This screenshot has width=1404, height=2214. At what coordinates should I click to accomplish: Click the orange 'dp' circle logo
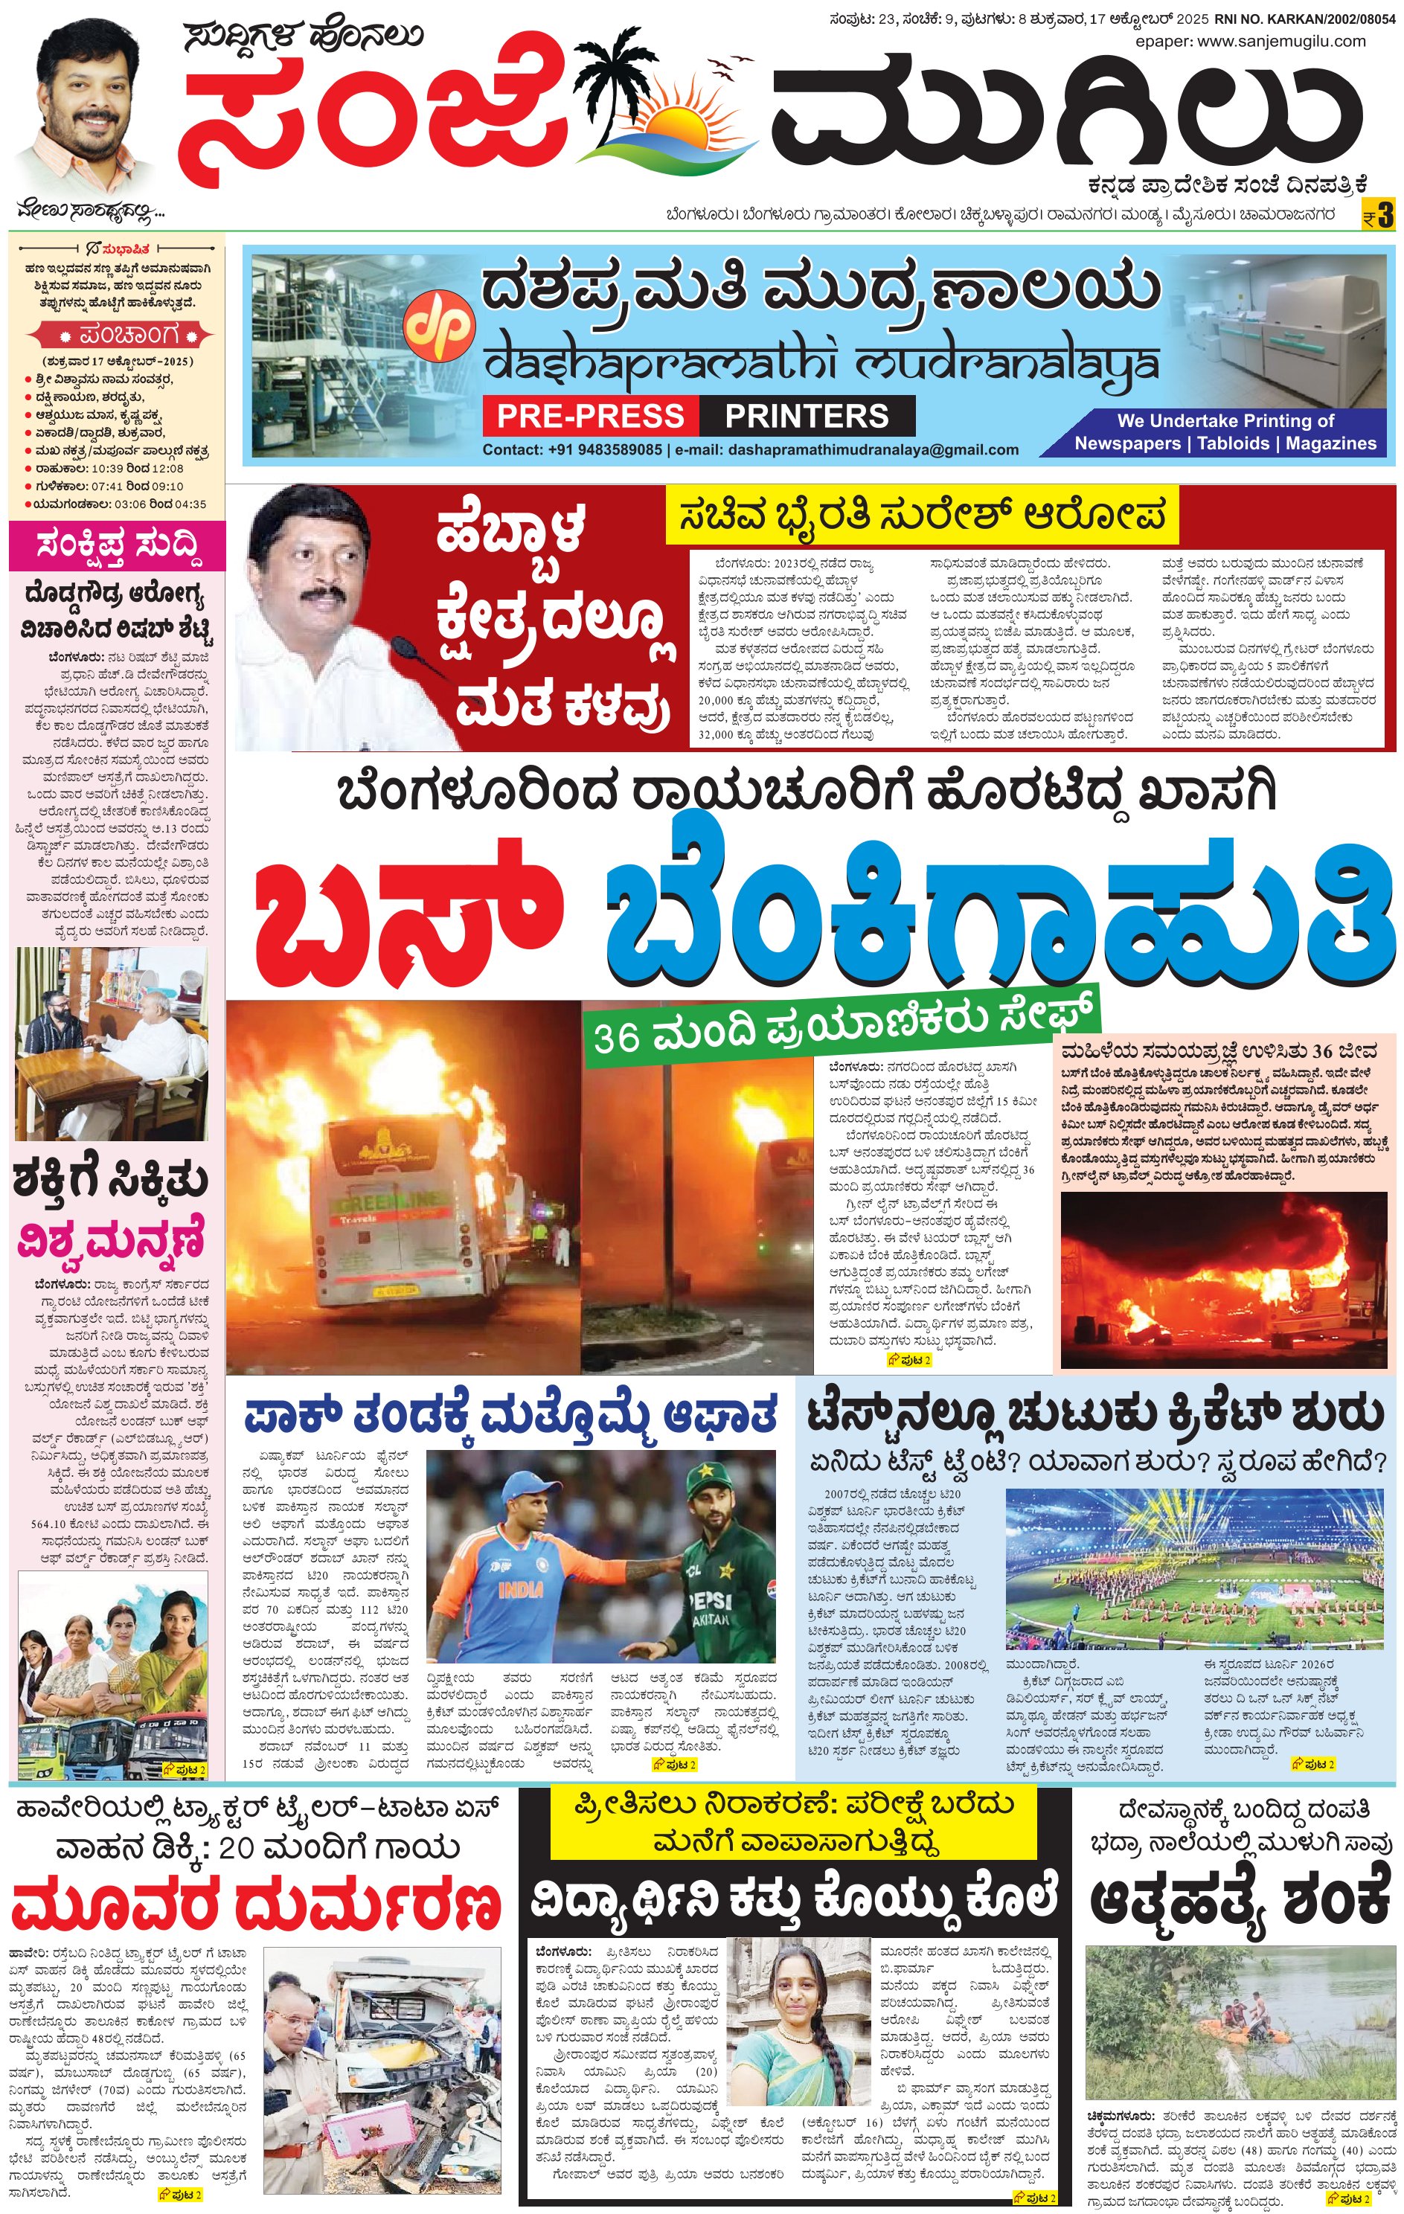[440, 324]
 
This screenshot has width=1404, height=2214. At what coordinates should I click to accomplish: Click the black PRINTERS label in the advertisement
[807, 416]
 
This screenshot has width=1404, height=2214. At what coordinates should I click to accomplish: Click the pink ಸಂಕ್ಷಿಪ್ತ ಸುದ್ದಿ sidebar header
[118, 546]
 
